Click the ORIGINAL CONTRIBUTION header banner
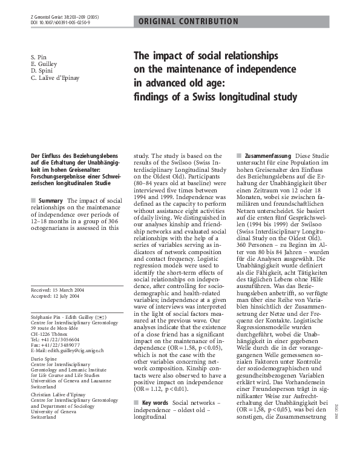188,22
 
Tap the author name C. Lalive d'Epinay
55,77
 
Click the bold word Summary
50,200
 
